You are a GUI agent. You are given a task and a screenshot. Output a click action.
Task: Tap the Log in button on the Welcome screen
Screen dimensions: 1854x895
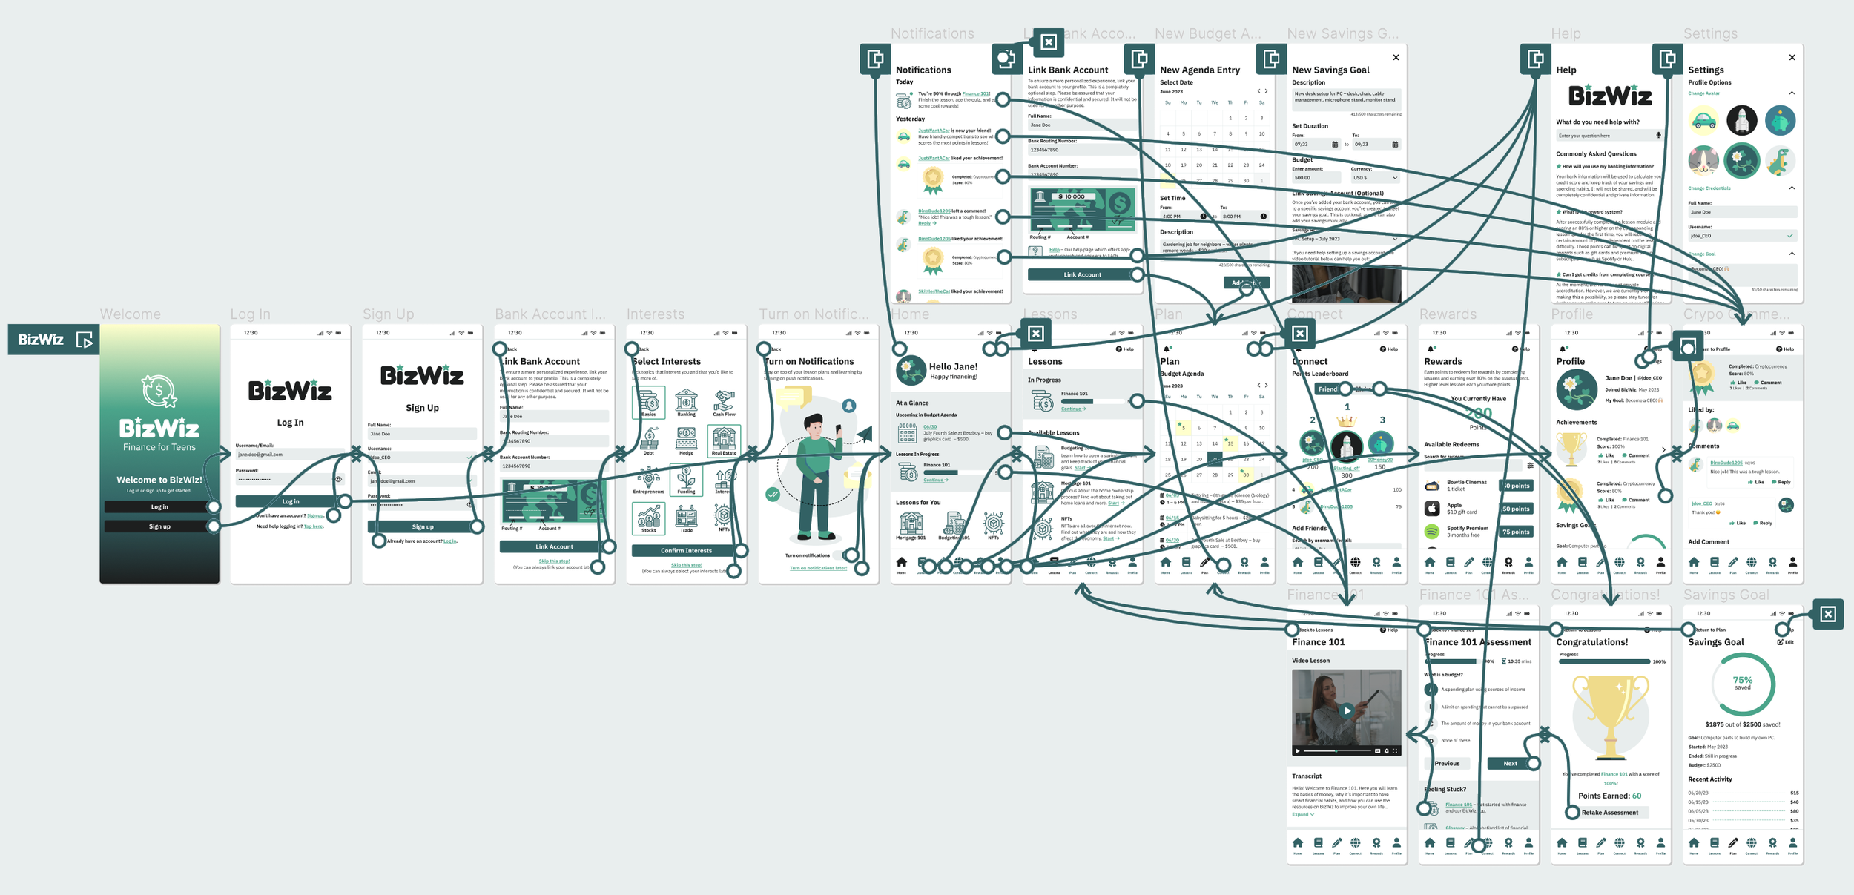pos(159,507)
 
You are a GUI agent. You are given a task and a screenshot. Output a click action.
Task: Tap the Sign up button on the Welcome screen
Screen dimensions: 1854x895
pos(159,526)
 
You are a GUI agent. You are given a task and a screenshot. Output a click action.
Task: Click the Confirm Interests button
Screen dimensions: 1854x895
pos(686,551)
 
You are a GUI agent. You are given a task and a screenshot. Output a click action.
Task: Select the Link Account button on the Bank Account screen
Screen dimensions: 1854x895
pos(554,547)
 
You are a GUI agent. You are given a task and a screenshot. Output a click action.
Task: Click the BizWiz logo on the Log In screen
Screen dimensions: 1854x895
pos(290,391)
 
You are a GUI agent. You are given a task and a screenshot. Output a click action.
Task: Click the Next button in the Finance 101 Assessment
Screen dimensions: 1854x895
pos(1510,764)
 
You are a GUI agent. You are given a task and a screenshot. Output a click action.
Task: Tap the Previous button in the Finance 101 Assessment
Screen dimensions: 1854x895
pos(1447,764)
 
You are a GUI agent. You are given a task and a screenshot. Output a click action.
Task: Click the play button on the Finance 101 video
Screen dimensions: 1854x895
pos(1347,711)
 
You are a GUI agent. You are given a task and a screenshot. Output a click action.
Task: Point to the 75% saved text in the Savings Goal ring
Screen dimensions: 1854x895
pos(1742,683)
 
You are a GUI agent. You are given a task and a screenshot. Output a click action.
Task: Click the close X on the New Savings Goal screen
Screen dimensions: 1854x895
pos(1396,58)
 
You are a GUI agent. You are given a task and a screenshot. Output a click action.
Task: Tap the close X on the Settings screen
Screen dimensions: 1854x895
pos(1792,58)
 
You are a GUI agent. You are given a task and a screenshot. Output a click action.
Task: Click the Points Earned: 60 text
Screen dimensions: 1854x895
pos(1609,796)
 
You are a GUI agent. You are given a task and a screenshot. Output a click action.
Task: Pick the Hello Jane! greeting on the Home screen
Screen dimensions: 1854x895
pos(953,367)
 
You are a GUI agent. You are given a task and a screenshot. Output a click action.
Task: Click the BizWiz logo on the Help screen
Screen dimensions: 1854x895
pos(1610,96)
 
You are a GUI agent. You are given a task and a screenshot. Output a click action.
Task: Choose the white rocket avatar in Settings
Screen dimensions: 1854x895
pos(1741,120)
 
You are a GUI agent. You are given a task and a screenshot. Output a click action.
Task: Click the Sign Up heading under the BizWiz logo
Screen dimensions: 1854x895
pos(422,408)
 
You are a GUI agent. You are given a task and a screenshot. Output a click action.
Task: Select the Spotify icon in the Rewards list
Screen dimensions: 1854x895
pos(1431,532)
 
